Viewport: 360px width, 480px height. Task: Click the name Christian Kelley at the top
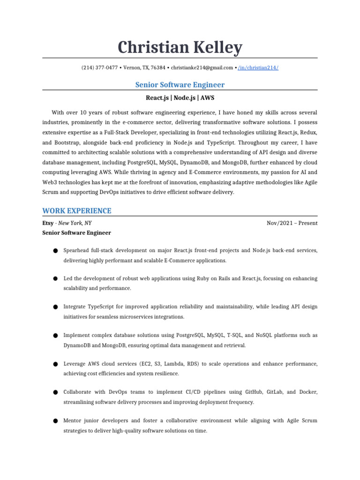pos(180,47)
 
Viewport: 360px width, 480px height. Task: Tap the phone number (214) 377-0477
pos(100,67)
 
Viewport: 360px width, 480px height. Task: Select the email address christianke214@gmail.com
pos(202,67)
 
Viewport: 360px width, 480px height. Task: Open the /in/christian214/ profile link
pos(258,67)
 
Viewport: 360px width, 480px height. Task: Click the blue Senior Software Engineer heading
pos(180,85)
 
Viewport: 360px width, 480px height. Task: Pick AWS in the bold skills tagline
pos(207,98)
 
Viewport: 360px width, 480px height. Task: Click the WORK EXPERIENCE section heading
pos(77,210)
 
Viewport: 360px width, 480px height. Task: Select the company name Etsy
pos(48,223)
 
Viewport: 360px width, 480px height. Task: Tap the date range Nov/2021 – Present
pos(292,223)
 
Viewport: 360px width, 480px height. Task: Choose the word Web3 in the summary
pos(50,182)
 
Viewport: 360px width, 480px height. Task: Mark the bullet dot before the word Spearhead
pos(55,251)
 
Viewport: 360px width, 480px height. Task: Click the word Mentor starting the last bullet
pos(74,420)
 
